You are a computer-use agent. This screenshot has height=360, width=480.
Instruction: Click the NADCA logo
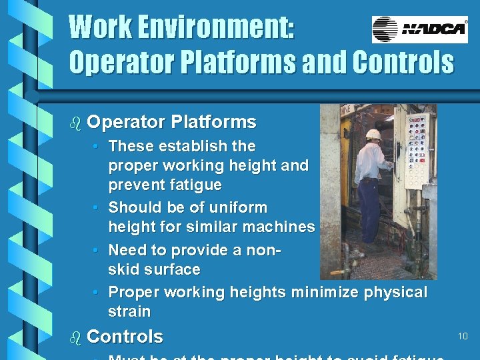[x=419, y=29]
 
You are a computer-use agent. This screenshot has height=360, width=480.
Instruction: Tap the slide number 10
[x=463, y=337]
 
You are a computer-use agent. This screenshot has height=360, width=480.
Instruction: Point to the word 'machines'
[x=281, y=227]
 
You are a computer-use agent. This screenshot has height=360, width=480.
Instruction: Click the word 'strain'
[x=129, y=311]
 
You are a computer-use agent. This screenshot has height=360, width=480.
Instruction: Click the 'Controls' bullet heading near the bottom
[x=125, y=337]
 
